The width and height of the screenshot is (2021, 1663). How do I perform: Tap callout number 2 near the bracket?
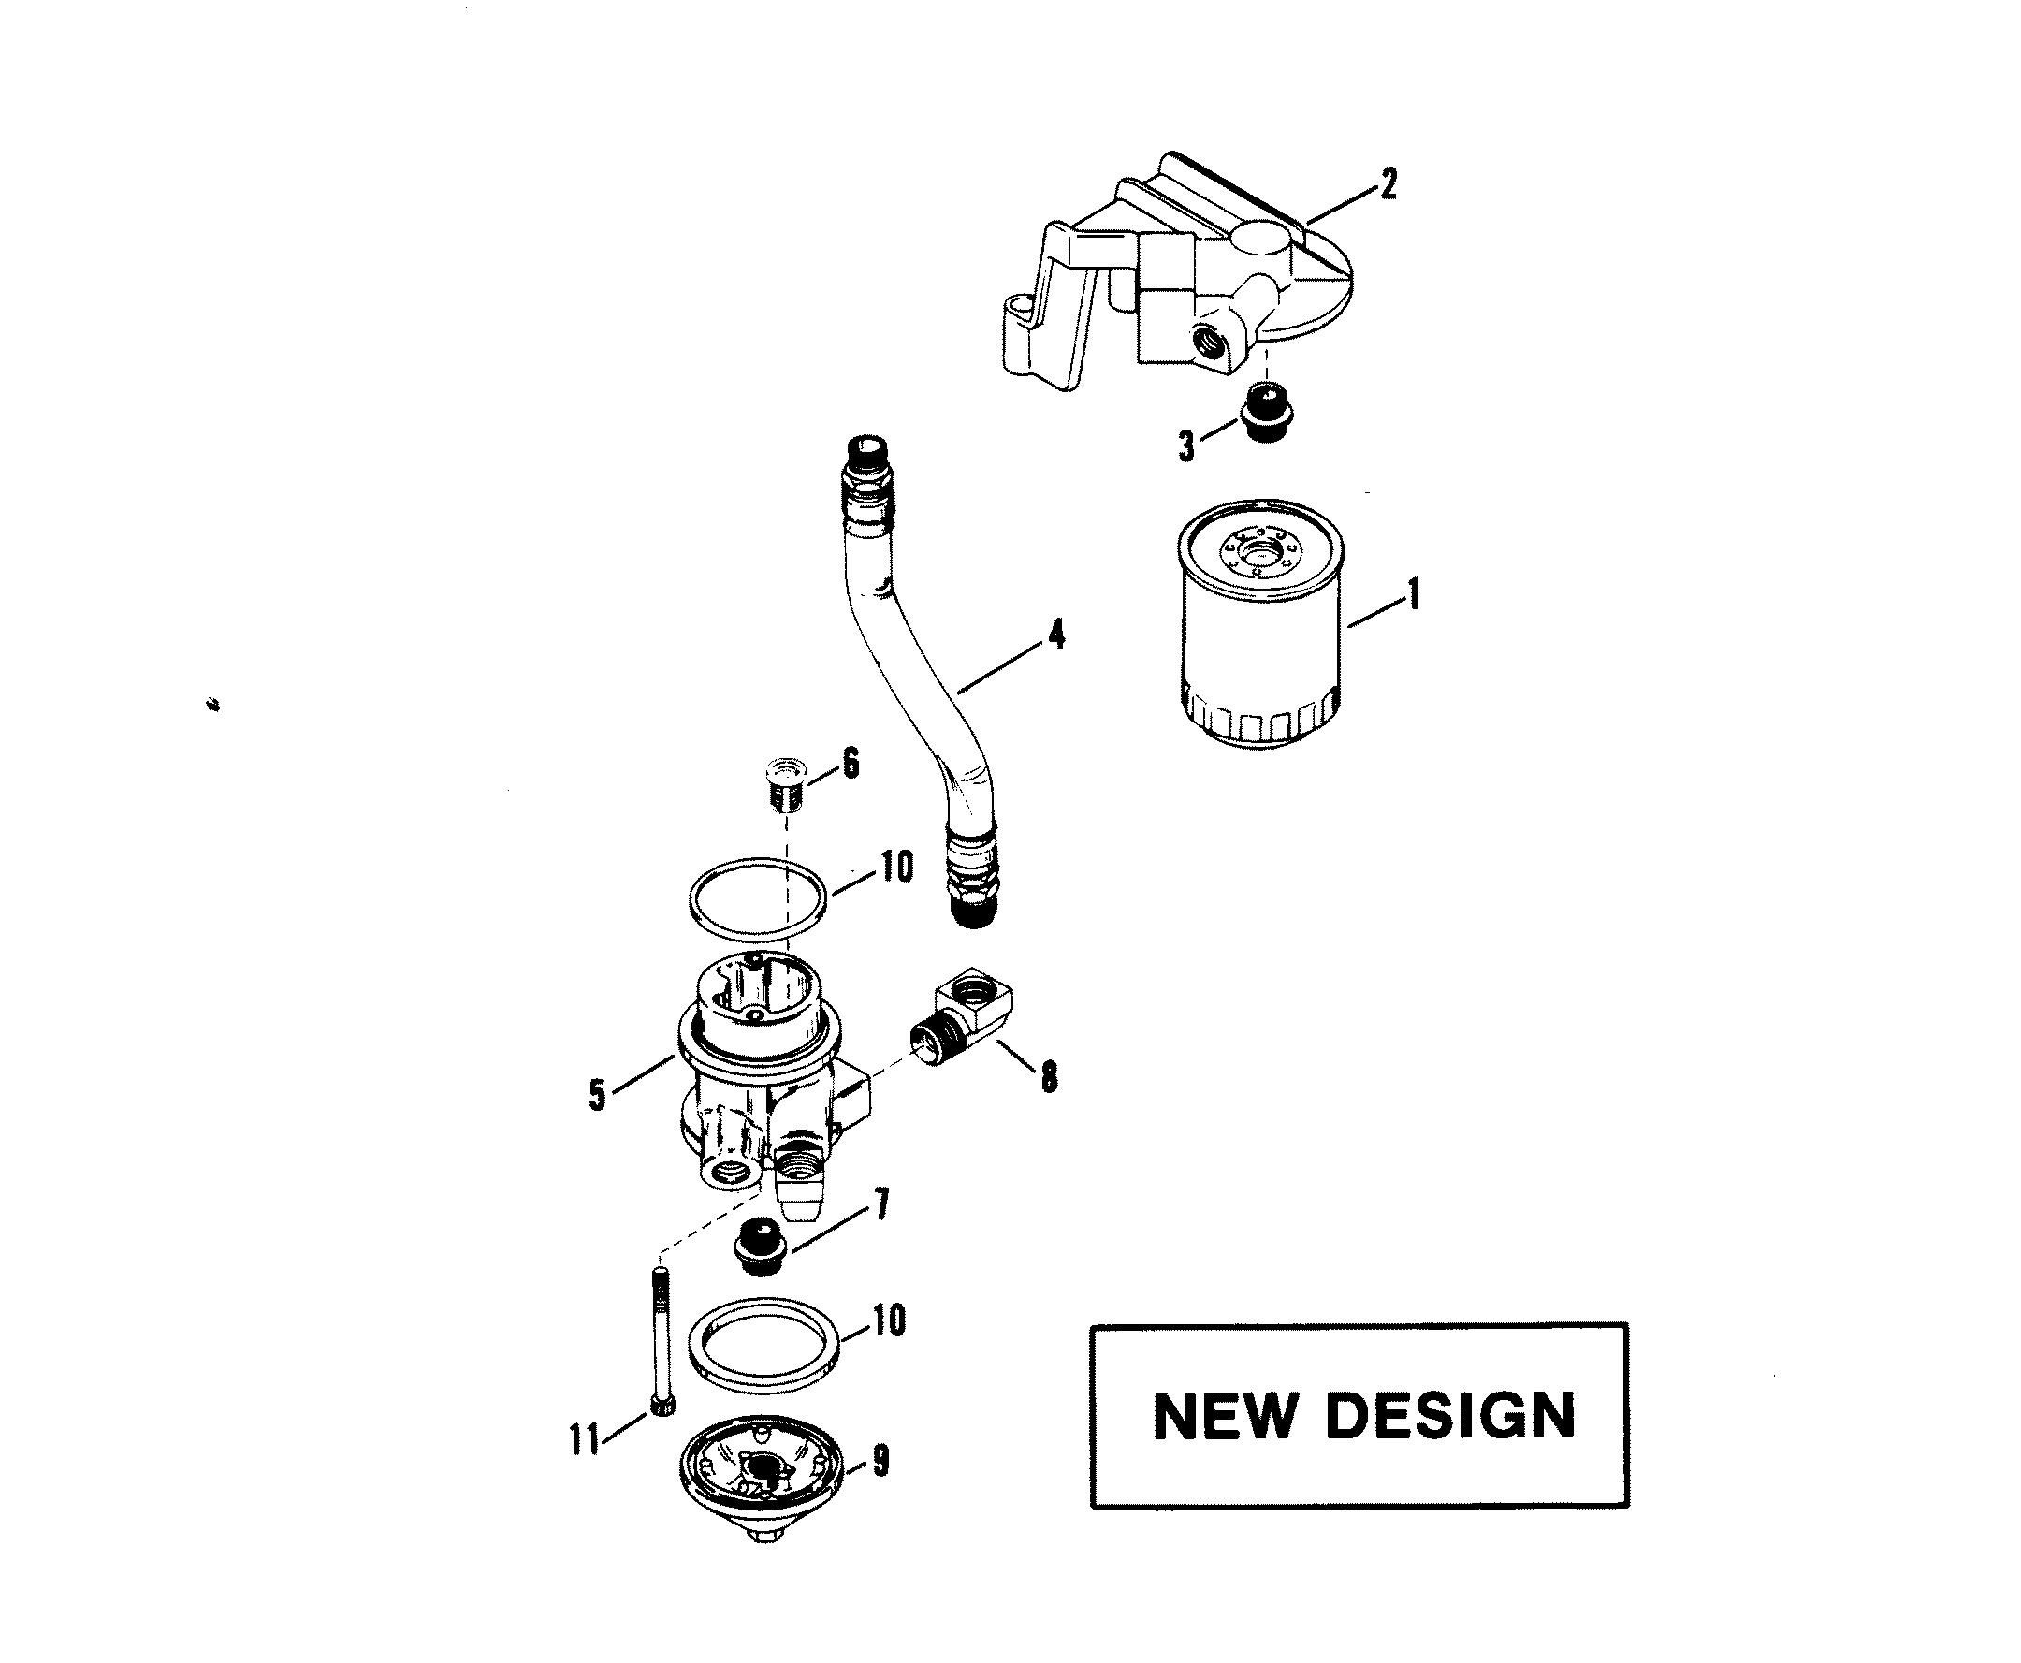coord(1388,185)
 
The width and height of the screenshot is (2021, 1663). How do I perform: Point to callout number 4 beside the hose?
coord(1055,635)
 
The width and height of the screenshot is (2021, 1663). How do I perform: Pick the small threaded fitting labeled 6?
coord(784,783)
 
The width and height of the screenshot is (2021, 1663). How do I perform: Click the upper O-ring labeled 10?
coord(757,897)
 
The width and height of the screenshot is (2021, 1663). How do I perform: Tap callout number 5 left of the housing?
coord(598,1095)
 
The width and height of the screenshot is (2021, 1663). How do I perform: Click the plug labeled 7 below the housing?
coord(761,1247)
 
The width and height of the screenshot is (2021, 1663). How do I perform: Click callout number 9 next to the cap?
coord(880,1460)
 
